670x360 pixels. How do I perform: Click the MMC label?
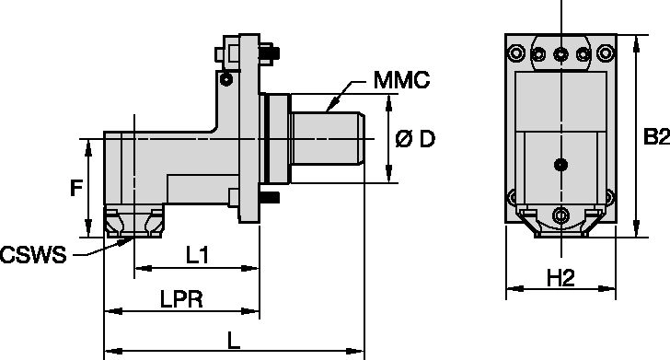pos(401,80)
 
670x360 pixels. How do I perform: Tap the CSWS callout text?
pos(33,255)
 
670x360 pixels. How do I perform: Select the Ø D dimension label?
pos(415,139)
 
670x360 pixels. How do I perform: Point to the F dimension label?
pos(76,188)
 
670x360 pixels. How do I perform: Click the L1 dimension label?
pos(197,255)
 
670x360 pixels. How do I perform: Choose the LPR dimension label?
pos(181,299)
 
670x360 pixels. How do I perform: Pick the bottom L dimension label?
pos(234,341)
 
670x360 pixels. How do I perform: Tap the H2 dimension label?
pos(561,279)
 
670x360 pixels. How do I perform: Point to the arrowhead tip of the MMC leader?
pos(327,110)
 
